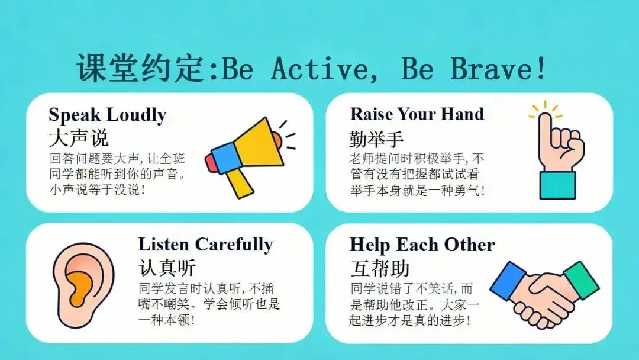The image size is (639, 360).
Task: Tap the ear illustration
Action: [83, 285]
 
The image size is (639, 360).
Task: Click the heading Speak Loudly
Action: [108, 115]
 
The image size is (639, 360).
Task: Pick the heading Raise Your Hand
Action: [417, 114]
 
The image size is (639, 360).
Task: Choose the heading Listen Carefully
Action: [205, 245]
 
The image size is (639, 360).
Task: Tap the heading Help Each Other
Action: [422, 245]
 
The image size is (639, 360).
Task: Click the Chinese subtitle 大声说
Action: [79, 138]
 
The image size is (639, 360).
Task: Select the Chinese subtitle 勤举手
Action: [376, 139]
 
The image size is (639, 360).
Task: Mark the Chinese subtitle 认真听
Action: [167, 268]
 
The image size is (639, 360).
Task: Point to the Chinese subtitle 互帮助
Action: [379, 268]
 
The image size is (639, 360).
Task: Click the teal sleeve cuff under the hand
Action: [557, 185]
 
